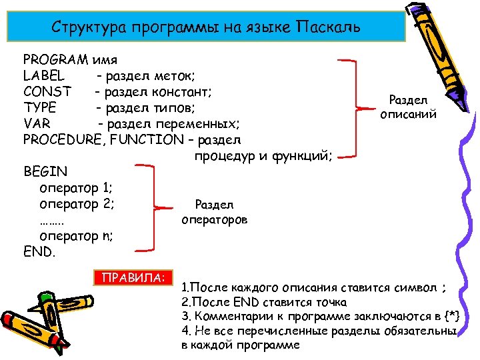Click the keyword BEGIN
(45, 172)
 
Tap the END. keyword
(40, 253)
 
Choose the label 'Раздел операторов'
(214, 211)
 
